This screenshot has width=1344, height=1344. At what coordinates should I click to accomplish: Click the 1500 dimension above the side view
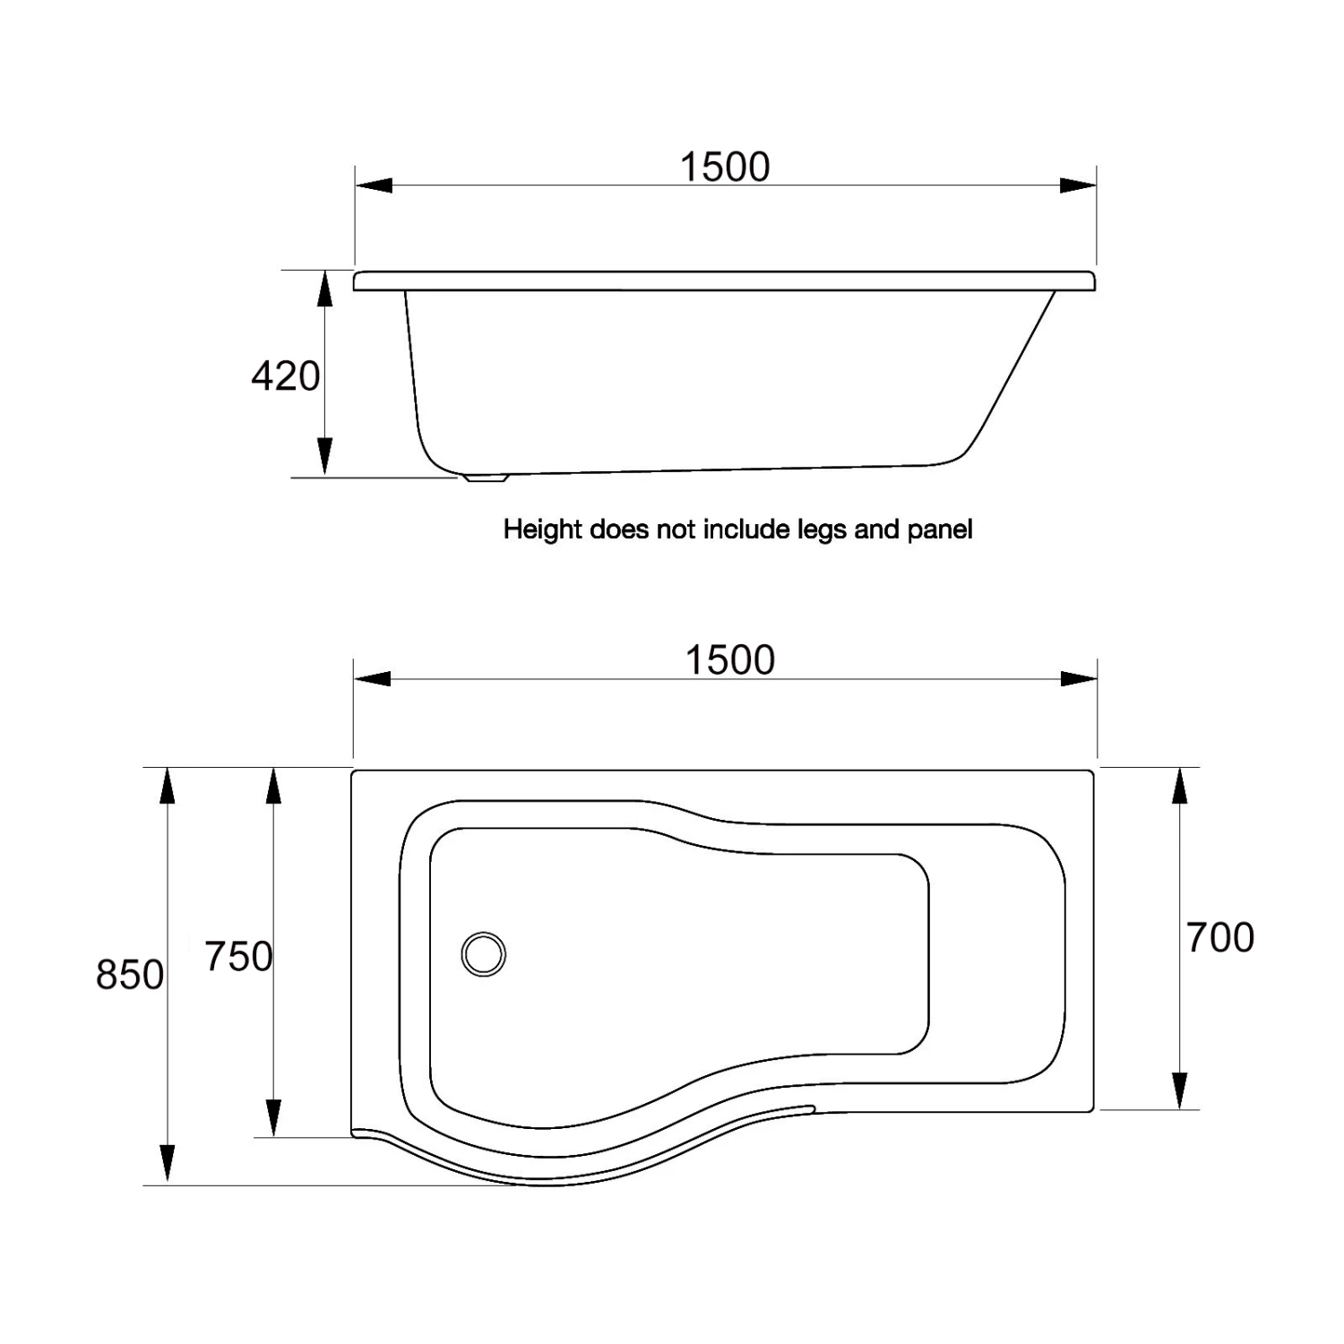(725, 168)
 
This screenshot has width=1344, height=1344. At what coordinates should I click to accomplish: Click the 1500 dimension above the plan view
(729, 660)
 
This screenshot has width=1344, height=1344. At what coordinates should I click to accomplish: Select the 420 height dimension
(285, 376)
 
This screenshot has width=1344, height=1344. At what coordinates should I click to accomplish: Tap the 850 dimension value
(130, 975)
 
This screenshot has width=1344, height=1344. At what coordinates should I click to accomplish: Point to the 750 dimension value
(238, 957)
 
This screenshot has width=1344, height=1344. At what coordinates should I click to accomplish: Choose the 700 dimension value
(1220, 938)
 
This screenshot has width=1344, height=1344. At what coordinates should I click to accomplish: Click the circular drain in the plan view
(484, 953)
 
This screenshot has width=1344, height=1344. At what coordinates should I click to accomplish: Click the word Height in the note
(543, 530)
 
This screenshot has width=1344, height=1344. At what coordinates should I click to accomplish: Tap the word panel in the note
(939, 530)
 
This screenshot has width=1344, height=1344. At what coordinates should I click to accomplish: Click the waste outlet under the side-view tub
(485, 478)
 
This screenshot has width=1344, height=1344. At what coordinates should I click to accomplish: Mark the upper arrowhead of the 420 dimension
(324, 289)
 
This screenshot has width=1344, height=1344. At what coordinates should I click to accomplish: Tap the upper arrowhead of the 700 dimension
(1180, 788)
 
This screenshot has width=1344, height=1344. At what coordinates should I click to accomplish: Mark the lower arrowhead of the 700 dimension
(1180, 1090)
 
